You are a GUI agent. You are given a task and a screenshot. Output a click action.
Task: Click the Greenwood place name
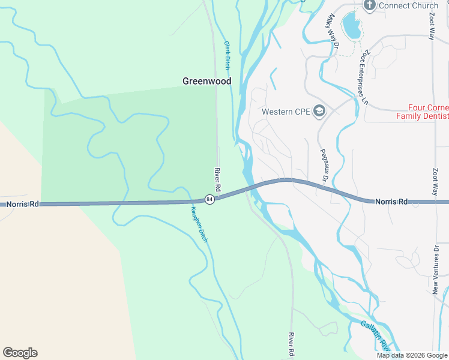tap(206, 81)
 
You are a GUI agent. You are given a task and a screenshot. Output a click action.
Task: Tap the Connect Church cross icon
tap(370, 6)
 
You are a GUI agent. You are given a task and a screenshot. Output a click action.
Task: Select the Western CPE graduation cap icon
tap(320, 111)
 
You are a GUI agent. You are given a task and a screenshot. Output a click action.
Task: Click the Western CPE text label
tap(285, 112)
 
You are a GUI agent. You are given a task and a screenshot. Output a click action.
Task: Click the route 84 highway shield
tap(209, 199)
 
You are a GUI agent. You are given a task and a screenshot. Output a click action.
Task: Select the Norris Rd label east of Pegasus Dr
tap(391, 202)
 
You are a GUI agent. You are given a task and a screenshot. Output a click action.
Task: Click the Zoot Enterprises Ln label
tap(363, 77)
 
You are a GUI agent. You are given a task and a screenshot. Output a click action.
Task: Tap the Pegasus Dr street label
tap(324, 166)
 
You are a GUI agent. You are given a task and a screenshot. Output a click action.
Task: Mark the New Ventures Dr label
tap(436, 269)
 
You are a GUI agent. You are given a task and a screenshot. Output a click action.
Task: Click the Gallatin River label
tap(376, 335)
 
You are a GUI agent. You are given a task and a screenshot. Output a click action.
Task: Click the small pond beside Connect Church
tap(350, 25)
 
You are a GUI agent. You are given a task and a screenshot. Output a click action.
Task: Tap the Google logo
tap(20, 353)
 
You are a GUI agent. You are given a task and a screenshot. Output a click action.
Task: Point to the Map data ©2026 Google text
tap(412, 355)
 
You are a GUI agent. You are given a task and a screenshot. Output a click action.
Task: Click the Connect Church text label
tap(408, 6)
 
